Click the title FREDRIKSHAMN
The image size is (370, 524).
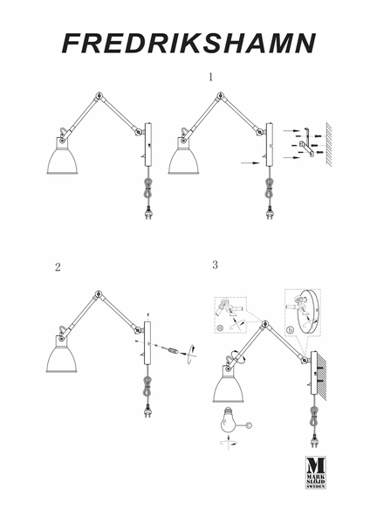(188, 44)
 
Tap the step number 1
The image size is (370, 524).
(210, 77)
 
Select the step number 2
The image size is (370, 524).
(58, 267)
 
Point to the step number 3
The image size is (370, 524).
(215, 265)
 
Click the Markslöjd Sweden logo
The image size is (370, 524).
(316, 472)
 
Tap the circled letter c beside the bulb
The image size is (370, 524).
(249, 425)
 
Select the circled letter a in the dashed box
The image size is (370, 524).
(220, 328)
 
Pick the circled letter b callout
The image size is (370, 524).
(291, 331)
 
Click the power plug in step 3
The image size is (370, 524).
(314, 441)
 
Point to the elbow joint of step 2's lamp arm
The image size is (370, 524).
(99, 294)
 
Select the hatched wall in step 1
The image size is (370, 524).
(329, 144)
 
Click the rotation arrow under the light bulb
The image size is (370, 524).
(228, 442)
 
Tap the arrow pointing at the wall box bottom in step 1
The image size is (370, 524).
(250, 163)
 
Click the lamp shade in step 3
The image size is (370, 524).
(229, 389)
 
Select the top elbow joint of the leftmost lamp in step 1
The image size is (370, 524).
(99, 95)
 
